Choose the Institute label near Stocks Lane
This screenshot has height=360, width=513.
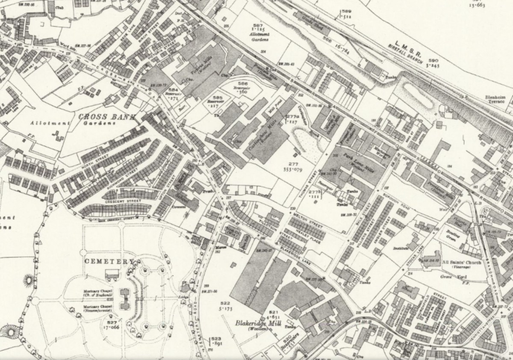point(402,248)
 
